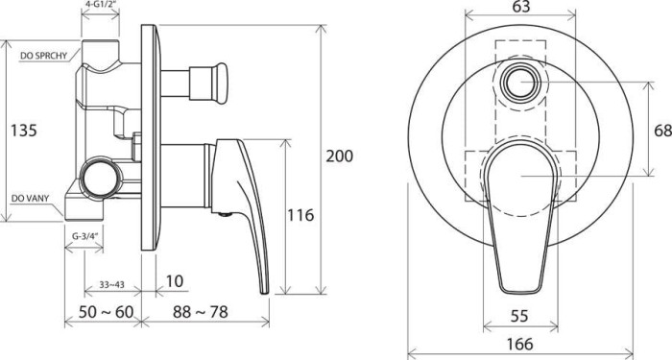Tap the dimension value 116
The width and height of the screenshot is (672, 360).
click(x=300, y=216)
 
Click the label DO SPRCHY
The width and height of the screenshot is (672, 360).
click(x=42, y=56)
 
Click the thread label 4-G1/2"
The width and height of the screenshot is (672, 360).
click(x=101, y=6)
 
